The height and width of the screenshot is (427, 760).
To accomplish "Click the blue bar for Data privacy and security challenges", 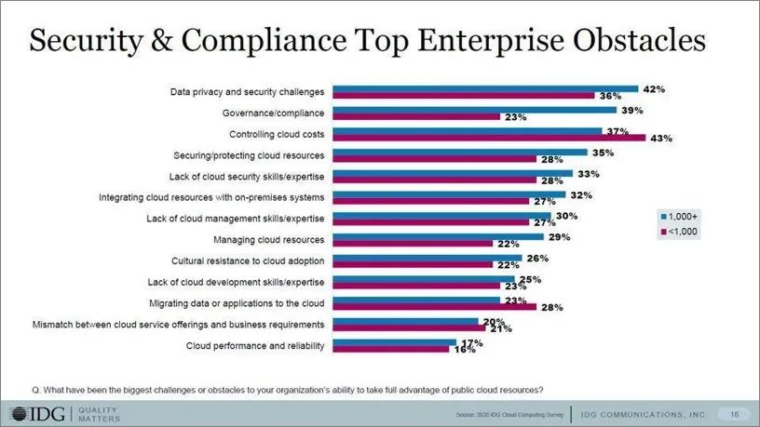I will point(485,89).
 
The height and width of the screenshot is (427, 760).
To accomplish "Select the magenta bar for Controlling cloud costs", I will point(489,137).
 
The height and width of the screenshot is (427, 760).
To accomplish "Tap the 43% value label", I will point(661,138).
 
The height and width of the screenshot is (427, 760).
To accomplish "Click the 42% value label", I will point(654,88).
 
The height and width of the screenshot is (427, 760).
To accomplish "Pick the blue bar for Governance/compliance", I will point(475,110).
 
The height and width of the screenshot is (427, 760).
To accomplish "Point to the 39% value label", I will point(632,110).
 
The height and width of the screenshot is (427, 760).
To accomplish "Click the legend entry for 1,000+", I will point(681,215).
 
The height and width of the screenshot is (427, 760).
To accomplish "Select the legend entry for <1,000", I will point(681,230).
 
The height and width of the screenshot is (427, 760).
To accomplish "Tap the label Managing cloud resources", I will point(268,239).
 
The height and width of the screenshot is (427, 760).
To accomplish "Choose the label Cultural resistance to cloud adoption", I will point(248,260).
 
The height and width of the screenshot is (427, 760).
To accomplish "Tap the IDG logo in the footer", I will point(37,413).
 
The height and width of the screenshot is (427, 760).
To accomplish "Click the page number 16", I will point(734,413).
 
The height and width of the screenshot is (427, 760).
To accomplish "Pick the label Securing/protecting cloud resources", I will point(249,153).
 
